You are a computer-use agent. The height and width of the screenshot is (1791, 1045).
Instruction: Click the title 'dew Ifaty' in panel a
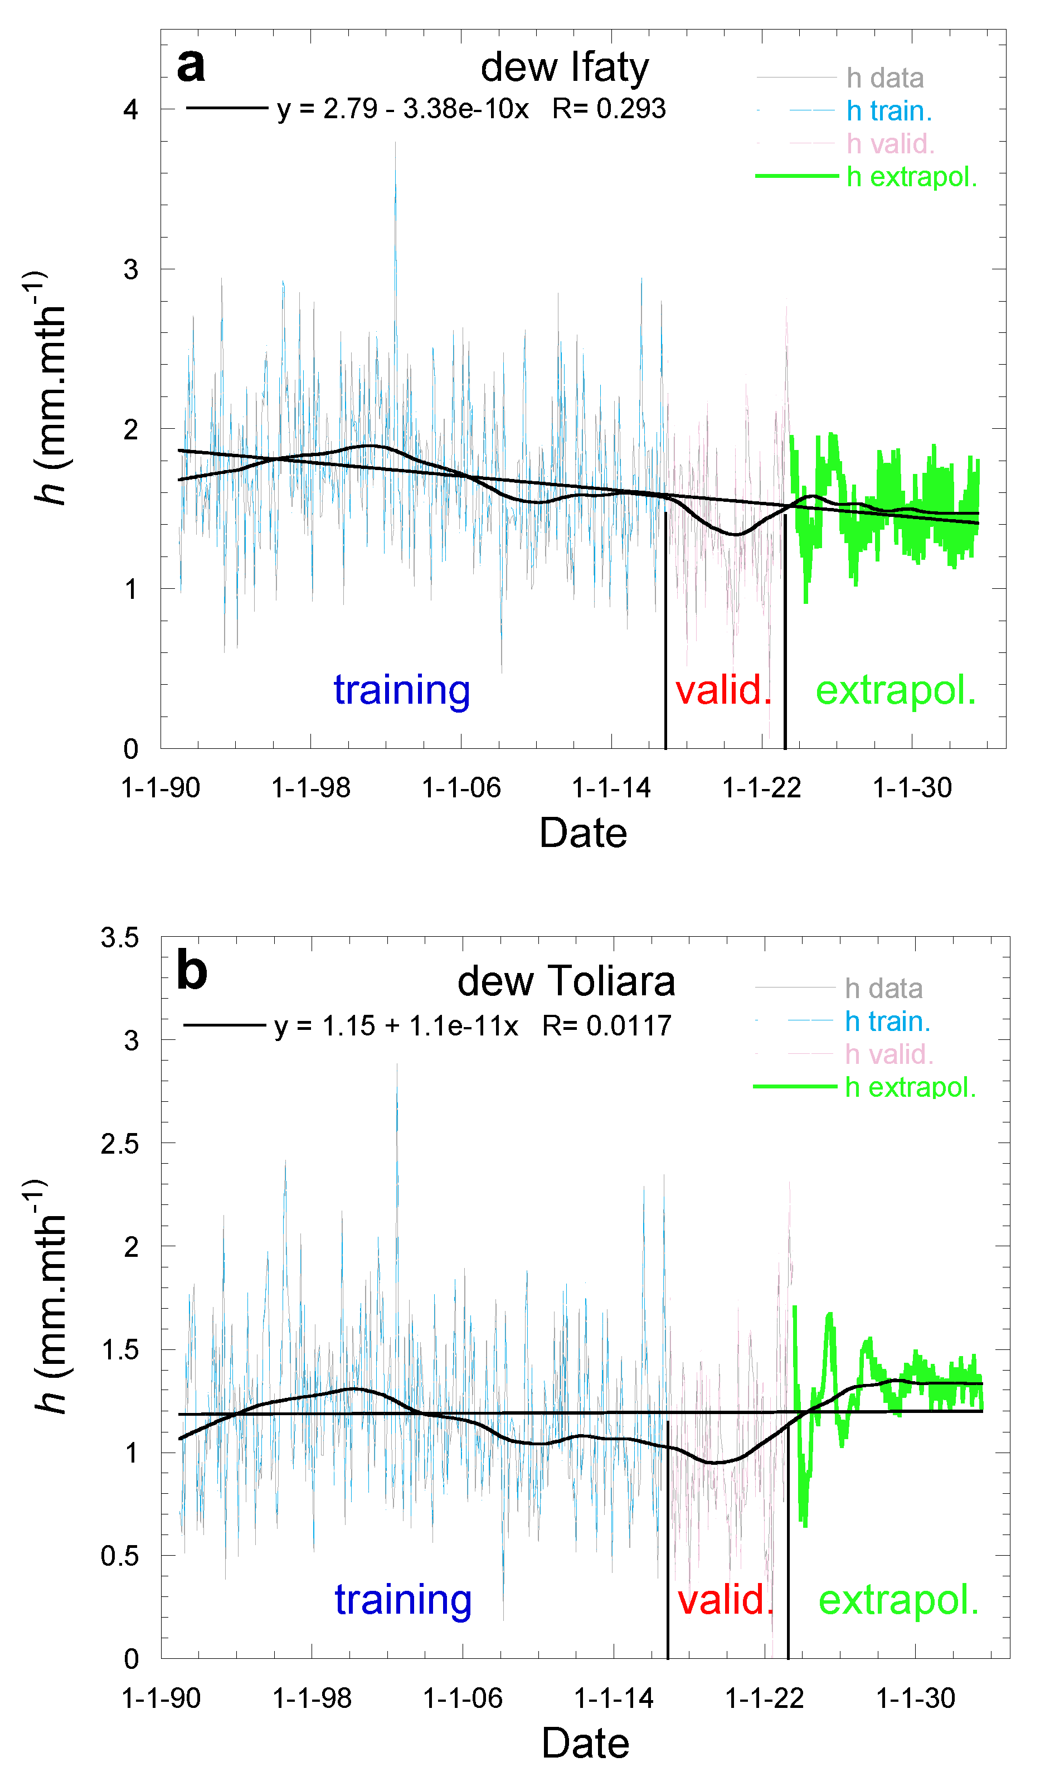tap(564, 67)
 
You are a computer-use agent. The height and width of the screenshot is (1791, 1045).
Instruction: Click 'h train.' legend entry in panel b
tap(887, 1022)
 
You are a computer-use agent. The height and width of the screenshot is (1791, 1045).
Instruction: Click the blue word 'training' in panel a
tap(401, 689)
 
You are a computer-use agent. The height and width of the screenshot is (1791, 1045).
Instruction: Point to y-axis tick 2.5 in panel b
tap(119, 1144)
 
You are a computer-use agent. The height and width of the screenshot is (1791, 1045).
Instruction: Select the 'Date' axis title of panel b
tap(585, 1744)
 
